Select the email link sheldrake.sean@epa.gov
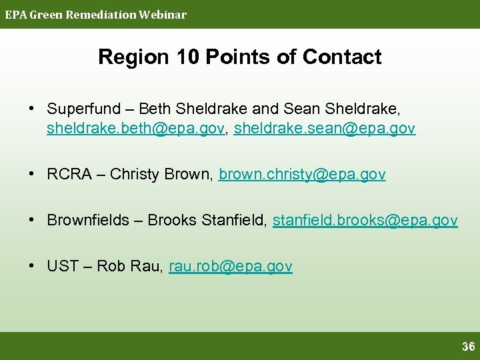[325, 128]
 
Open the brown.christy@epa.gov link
[302, 175]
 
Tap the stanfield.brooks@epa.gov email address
[365, 221]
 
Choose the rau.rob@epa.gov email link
[231, 267]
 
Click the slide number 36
[468, 347]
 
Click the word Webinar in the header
[163, 15]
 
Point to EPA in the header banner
[15, 15]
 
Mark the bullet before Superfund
[31, 109]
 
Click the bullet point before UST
[31, 267]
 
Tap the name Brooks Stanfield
[207, 221]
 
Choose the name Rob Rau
[130, 267]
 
